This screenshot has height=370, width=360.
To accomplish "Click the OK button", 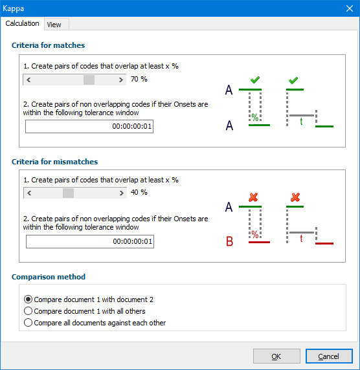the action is [276, 356].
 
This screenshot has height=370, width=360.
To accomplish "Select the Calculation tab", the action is [22, 23].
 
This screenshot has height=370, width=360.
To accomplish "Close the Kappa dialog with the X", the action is [350, 8].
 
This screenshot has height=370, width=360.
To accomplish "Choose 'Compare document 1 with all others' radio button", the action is [28, 311].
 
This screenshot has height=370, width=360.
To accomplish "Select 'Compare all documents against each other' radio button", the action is [28, 323].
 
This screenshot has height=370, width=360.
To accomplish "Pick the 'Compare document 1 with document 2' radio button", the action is [28, 299].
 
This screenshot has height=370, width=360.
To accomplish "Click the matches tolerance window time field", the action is [89, 127].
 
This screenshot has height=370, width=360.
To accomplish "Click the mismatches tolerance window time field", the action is [90, 241].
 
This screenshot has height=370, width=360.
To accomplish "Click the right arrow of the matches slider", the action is [121, 80].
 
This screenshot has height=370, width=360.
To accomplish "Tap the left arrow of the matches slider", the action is [28, 80].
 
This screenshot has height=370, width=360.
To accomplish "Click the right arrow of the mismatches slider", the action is [122, 193].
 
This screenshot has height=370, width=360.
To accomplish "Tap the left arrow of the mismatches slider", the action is [29, 193].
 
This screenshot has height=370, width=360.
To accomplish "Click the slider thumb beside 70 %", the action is [89, 80].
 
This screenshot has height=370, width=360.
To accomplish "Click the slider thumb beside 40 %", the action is [68, 193].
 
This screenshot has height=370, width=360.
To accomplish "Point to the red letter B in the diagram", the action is [230, 241].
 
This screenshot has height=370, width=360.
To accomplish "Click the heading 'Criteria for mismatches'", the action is [55, 162].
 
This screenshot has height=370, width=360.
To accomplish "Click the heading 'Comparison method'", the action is [49, 277].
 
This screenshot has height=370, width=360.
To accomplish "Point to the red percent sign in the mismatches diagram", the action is [255, 235].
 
